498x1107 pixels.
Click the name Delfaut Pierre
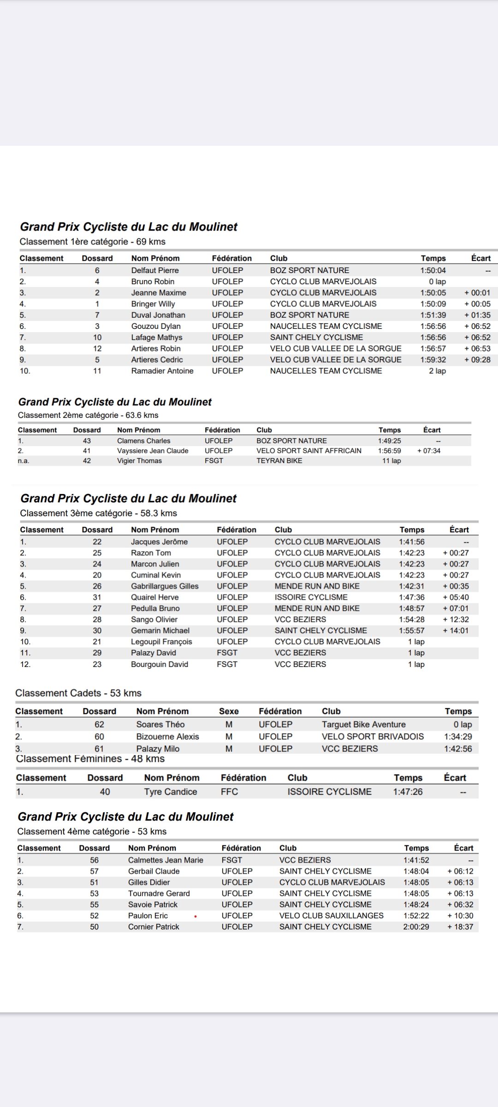[x=155, y=270]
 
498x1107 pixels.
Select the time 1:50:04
[x=433, y=270]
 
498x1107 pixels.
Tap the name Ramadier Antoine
[x=162, y=371]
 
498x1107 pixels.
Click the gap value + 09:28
[x=477, y=360]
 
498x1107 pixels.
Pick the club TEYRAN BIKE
[x=279, y=461]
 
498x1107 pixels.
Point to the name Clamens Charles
[x=143, y=441]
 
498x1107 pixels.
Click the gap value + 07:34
[x=428, y=451]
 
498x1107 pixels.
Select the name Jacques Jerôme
[x=159, y=542]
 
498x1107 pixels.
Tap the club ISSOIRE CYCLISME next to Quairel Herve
[x=311, y=597]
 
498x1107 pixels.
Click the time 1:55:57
[x=412, y=631]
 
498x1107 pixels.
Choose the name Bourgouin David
[x=159, y=664]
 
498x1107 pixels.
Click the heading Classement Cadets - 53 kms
[x=78, y=693]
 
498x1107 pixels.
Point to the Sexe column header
[x=229, y=711]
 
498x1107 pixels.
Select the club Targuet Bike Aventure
[x=363, y=725]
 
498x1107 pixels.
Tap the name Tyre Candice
[x=170, y=792]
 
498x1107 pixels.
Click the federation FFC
[x=229, y=792]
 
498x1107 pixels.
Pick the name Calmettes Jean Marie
[x=166, y=860]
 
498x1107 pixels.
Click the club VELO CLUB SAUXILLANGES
[x=331, y=916]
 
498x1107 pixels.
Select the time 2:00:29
[x=416, y=927]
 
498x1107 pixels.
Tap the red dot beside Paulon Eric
[x=196, y=916]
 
